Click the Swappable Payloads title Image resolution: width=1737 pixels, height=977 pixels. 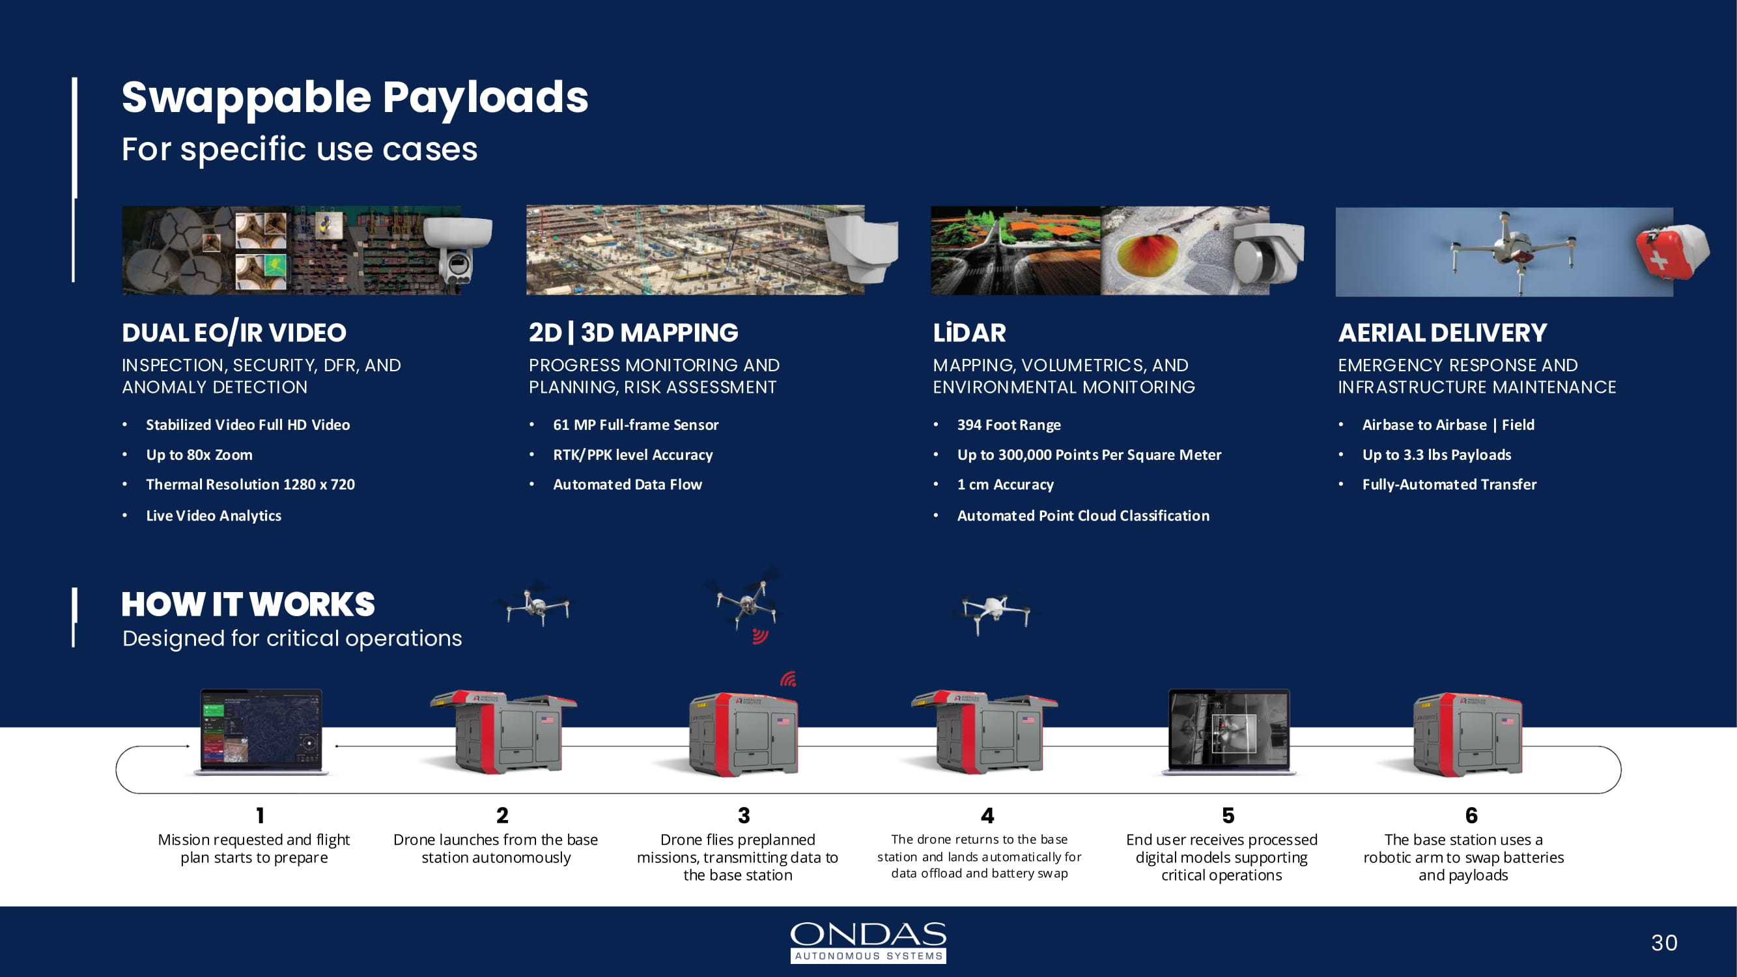point(355,98)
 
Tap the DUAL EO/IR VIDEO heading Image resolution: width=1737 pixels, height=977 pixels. point(234,333)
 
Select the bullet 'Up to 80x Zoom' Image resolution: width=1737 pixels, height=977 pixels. point(199,455)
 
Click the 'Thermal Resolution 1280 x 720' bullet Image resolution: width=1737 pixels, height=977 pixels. point(250,485)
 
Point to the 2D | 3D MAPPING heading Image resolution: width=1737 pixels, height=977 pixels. point(633,333)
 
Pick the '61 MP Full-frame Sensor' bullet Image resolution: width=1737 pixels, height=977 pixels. point(635,425)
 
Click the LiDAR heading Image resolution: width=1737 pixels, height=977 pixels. point(969,333)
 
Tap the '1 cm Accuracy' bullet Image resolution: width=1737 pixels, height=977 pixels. point(1005,485)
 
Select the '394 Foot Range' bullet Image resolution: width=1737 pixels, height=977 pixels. point(1009,425)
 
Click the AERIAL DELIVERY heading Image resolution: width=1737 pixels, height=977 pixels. point(1443,333)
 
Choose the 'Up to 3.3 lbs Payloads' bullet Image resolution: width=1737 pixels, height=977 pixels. point(1436,455)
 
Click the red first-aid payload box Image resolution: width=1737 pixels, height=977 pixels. point(1671,251)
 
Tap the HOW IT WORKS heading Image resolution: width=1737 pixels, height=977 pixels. point(248,605)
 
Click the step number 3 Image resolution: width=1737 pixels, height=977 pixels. point(744,816)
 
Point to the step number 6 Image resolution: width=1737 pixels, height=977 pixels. point(1471,816)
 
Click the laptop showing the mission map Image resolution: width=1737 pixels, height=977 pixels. point(261,732)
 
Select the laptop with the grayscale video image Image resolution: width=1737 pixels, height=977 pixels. point(1228,732)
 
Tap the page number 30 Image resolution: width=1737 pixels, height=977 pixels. point(1663,942)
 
